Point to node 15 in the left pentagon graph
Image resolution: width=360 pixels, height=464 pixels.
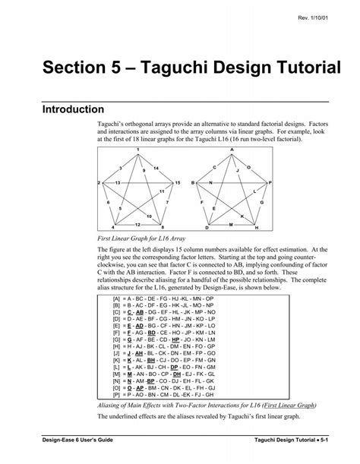(x=177, y=184)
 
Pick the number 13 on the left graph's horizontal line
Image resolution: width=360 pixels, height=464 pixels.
(x=117, y=184)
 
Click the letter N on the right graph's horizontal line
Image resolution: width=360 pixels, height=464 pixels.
(x=210, y=184)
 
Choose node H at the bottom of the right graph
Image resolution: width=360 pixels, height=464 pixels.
(x=257, y=228)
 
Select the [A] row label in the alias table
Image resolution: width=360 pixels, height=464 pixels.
(x=116, y=299)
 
